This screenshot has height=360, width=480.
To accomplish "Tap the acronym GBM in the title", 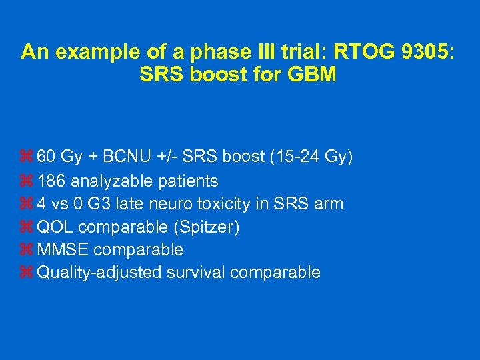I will (311, 75).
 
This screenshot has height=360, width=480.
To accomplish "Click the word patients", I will (188, 181).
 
